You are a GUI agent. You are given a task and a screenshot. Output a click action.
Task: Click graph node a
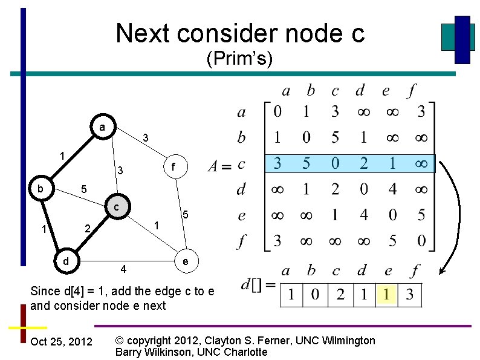(x=102, y=128)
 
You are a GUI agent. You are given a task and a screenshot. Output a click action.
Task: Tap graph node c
(x=117, y=207)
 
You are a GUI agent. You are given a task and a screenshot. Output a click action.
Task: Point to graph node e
(x=185, y=261)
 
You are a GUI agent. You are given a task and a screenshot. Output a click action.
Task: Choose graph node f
(x=174, y=166)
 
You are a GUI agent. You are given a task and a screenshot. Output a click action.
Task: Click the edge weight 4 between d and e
(x=123, y=268)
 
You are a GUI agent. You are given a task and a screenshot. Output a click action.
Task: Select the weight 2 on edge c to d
(x=87, y=229)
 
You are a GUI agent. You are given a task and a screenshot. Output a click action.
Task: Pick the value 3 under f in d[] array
(x=410, y=295)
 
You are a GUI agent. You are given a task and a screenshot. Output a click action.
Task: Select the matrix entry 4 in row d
(x=392, y=189)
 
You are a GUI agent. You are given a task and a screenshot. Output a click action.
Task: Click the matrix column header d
(x=360, y=91)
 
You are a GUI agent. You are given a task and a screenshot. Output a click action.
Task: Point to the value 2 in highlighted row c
(x=363, y=163)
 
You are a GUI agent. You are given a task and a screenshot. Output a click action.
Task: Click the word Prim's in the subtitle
(x=240, y=59)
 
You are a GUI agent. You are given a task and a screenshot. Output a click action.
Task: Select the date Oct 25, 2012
(x=61, y=342)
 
